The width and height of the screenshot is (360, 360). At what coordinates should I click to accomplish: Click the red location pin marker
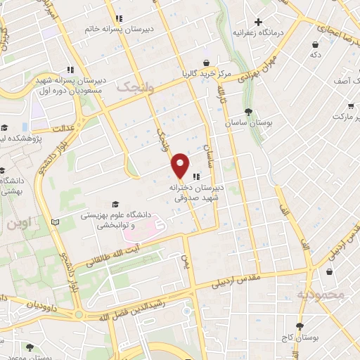point(181,165)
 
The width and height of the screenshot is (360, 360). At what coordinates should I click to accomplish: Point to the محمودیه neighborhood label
point(321,294)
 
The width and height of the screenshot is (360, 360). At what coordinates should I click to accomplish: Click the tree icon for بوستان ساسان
point(248,112)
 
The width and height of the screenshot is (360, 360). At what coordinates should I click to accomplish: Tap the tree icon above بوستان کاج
point(300,327)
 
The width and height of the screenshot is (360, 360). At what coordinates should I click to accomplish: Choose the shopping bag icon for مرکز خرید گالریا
point(206,63)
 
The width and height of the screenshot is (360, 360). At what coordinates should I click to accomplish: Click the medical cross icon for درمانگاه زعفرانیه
point(259,22)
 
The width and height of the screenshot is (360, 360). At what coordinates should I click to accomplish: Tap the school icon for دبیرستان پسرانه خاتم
point(120,18)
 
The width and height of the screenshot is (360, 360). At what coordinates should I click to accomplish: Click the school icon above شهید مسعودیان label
point(70,70)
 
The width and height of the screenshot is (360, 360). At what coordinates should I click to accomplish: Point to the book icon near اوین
point(55,223)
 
